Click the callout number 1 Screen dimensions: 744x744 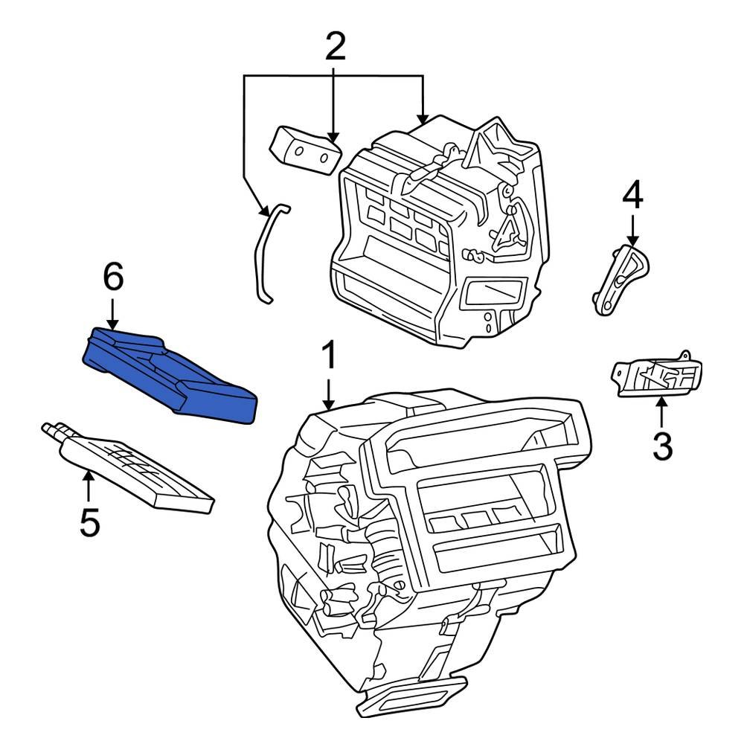point(328,357)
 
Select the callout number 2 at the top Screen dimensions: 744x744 point(335,46)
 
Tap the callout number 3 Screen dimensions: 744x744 point(661,446)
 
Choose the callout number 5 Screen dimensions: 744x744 point(89,523)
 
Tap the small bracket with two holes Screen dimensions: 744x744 point(305,149)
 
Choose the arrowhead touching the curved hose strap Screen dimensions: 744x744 point(265,211)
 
